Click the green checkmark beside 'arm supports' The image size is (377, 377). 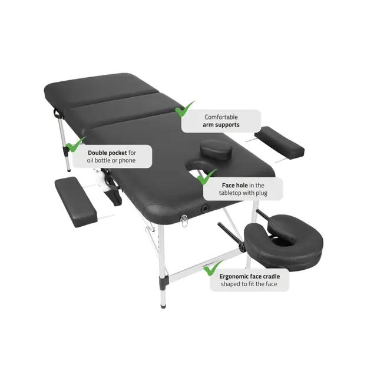point(184,110)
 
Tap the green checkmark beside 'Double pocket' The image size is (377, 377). point(75,144)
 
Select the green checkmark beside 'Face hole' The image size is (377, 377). point(206,177)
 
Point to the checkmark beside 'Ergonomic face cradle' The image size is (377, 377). point(213,268)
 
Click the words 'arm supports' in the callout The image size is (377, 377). point(221,125)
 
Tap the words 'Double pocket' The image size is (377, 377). point(107,153)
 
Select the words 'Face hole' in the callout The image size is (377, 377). point(234,186)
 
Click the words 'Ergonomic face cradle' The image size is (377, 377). point(250,276)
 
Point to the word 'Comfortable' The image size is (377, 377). point(221,117)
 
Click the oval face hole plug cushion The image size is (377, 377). point(216,149)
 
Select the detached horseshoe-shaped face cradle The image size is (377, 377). point(284,241)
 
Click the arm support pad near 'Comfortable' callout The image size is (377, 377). point(280,143)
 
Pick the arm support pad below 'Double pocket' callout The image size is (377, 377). point(76,202)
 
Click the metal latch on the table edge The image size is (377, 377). point(184,220)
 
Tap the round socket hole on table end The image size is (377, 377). point(205,208)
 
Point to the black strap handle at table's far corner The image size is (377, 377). point(57,113)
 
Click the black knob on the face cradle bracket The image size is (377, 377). point(242,247)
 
